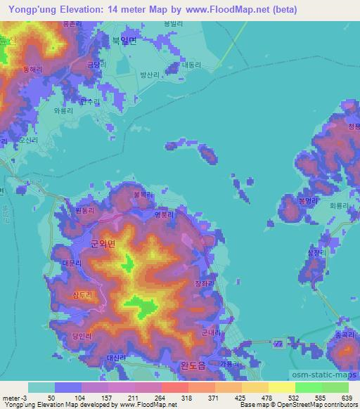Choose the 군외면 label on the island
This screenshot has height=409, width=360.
coord(103,243)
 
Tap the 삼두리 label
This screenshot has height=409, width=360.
coord(84,294)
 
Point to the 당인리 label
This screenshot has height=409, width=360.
coord(82,335)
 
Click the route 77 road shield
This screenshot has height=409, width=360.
coord(278,344)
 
